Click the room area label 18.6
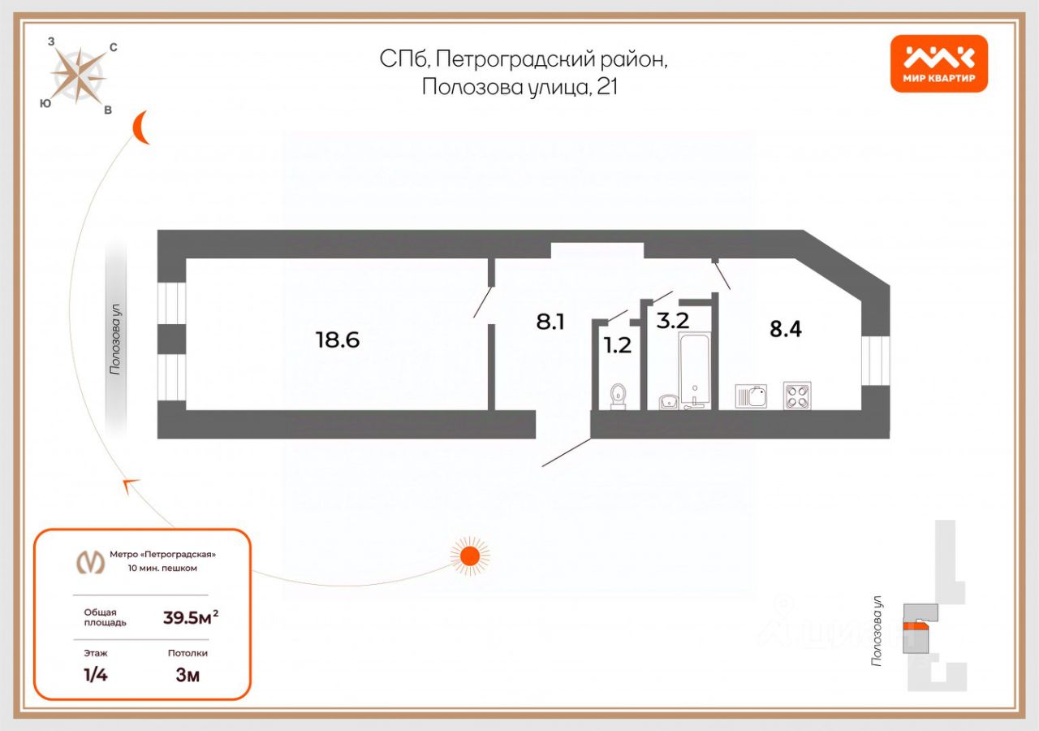tap(337, 340)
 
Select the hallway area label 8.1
tap(550, 322)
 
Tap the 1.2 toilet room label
tap(617, 345)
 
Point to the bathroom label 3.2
tap(673, 320)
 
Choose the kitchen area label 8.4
tap(785, 329)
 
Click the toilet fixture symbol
tap(619, 396)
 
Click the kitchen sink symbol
tap(751, 396)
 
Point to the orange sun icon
tap(469, 556)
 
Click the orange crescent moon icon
tap(143, 128)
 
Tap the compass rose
tap(78, 76)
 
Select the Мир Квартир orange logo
tap(939, 63)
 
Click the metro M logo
tap(90, 561)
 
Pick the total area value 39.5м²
tap(191, 617)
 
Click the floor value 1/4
tap(96, 675)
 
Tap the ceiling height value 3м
tap(188, 675)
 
